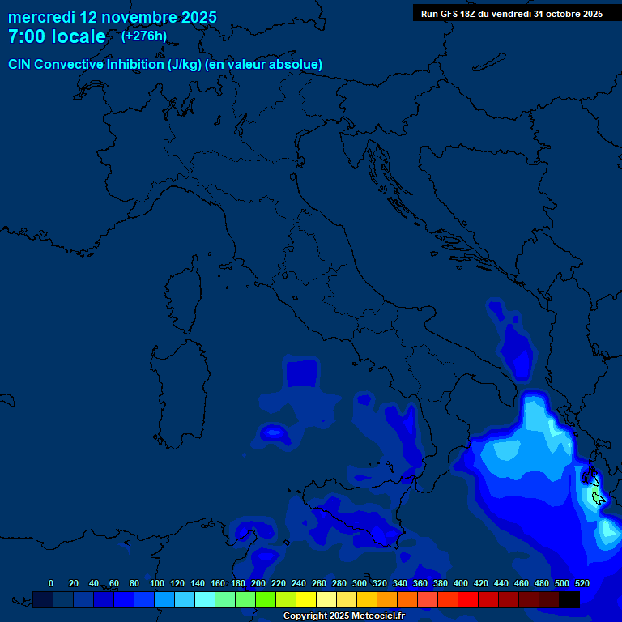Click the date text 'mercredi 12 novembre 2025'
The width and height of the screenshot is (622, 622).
(112, 17)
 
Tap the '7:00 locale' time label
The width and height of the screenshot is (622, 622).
(56, 36)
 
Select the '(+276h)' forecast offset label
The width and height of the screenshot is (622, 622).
(143, 36)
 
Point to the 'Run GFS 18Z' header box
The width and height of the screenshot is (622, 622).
(511, 14)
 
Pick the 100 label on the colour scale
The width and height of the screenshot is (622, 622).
(156, 583)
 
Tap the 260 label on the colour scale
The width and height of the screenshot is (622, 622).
(318, 583)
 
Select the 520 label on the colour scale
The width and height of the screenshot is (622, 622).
(582, 583)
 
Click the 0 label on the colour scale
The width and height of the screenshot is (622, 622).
(51, 583)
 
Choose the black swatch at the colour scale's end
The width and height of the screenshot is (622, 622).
(569, 600)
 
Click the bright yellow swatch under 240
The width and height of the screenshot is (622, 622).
(306, 600)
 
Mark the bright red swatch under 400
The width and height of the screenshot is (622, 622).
(468, 600)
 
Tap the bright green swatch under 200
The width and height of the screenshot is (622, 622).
(266, 600)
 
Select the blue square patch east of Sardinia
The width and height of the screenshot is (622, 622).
(302, 373)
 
